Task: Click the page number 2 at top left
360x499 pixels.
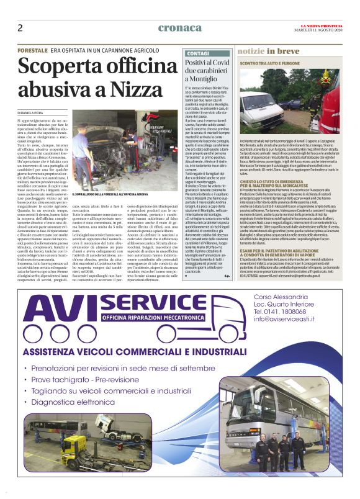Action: coord(20,27)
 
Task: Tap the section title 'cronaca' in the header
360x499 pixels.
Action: coord(180,27)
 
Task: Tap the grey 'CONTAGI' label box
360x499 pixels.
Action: coord(198,54)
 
